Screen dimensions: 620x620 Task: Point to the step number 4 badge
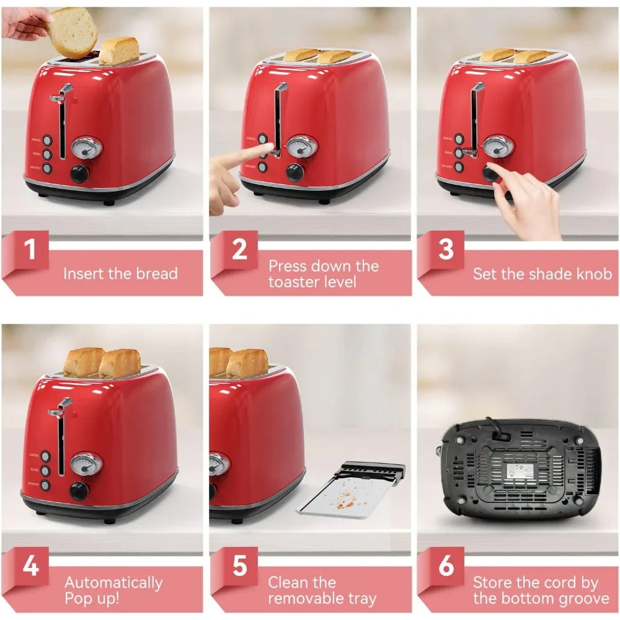click(29, 567)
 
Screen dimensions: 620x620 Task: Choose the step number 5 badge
click(239, 567)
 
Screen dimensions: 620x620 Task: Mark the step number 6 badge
click(445, 567)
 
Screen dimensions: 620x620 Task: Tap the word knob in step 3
click(593, 273)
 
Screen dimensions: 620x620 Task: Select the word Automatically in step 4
click(113, 583)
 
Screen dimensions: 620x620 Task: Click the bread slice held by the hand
click(73, 32)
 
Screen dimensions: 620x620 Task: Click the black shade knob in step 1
click(80, 174)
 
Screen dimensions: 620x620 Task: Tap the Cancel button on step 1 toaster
click(46, 141)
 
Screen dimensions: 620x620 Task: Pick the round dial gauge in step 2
click(302, 146)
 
